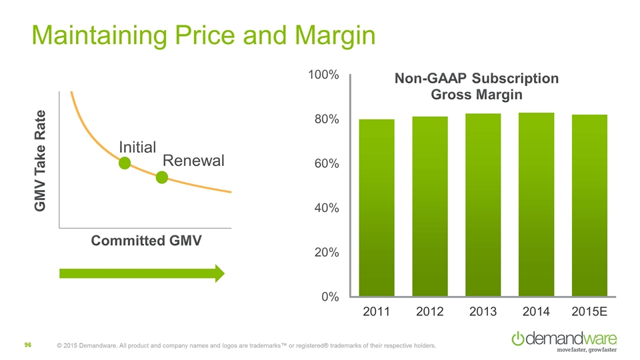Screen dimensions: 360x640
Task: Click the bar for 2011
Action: [x=377, y=207]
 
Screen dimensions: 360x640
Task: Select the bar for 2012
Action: [x=430, y=206]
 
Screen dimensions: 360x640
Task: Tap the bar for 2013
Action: [x=483, y=205]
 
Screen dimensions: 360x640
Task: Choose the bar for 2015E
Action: [x=589, y=205]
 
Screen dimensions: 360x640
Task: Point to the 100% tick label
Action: [x=323, y=75]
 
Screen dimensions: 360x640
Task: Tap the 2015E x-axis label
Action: [x=589, y=312]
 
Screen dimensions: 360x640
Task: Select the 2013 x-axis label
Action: [x=483, y=312]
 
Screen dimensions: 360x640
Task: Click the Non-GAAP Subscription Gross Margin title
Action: [x=476, y=87]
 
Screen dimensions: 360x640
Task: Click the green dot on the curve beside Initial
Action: [x=124, y=163]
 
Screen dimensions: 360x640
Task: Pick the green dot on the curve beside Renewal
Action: [x=161, y=177]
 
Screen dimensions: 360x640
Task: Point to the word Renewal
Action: [x=193, y=161]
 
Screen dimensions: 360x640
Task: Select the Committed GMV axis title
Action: [x=146, y=240]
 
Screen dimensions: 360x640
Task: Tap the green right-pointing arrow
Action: [x=142, y=273]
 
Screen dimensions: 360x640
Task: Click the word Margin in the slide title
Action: [x=329, y=35]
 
